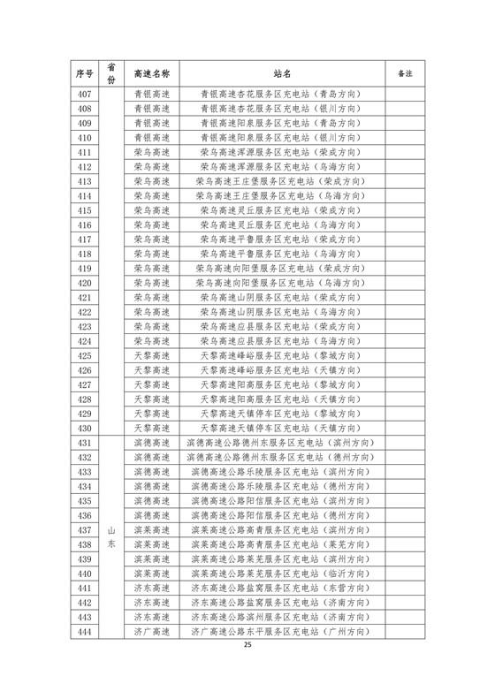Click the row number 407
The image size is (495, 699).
click(86, 95)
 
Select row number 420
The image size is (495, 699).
click(86, 283)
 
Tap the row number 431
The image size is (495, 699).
click(86, 442)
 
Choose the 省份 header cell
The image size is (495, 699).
click(111, 72)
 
